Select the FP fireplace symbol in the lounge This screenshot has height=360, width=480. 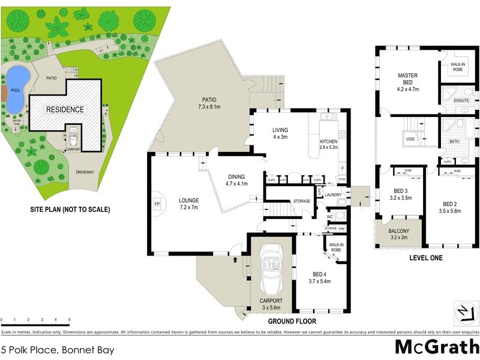pos(158,204)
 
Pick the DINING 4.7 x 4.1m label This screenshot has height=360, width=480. pos(238,180)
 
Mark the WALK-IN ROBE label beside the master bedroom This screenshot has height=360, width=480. pos(458,67)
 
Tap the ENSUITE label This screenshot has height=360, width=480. pos(461,100)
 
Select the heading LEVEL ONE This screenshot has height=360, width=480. pos(425,258)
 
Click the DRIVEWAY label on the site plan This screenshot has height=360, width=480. pos(85,172)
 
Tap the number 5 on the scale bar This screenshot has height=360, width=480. pos(70,320)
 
